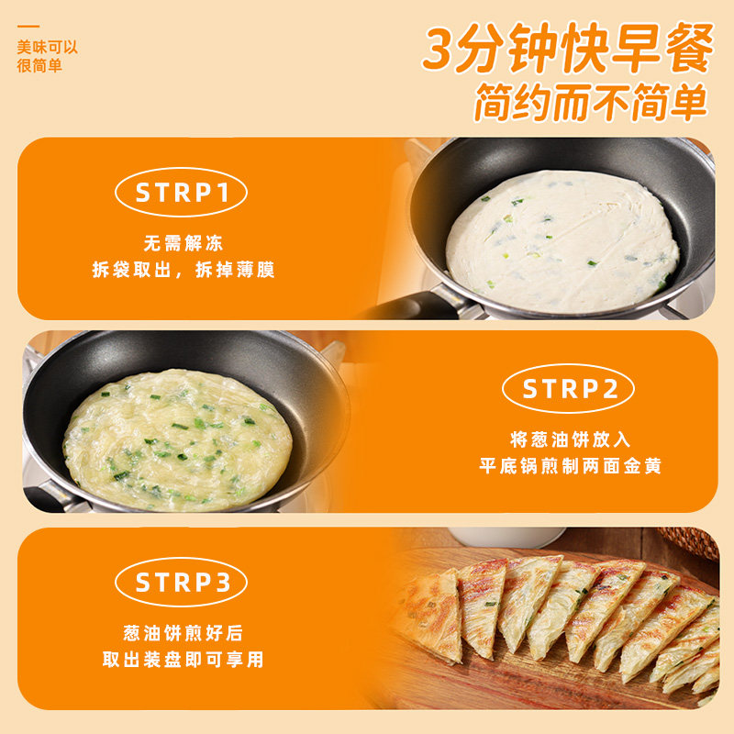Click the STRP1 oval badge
tap(195, 193)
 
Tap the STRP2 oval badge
tap(568, 389)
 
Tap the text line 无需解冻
tap(183, 244)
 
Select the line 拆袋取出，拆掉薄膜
tap(183, 270)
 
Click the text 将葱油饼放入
tap(570, 439)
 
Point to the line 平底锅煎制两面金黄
tap(570, 466)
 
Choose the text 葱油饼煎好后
tap(183, 633)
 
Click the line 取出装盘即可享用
tap(183, 660)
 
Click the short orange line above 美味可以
tap(28, 27)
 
